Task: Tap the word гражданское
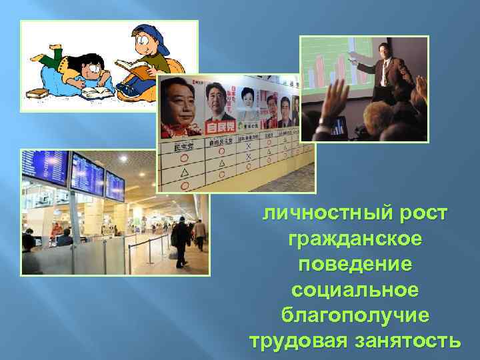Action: pyautogui.click(x=354, y=239)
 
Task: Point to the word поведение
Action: pyautogui.click(x=354, y=264)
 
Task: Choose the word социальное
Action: pyautogui.click(x=354, y=289)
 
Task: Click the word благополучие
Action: pyautogui.click(x=354, y=315)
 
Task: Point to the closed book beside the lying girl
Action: pyautogui.click(x=47, y=95)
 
